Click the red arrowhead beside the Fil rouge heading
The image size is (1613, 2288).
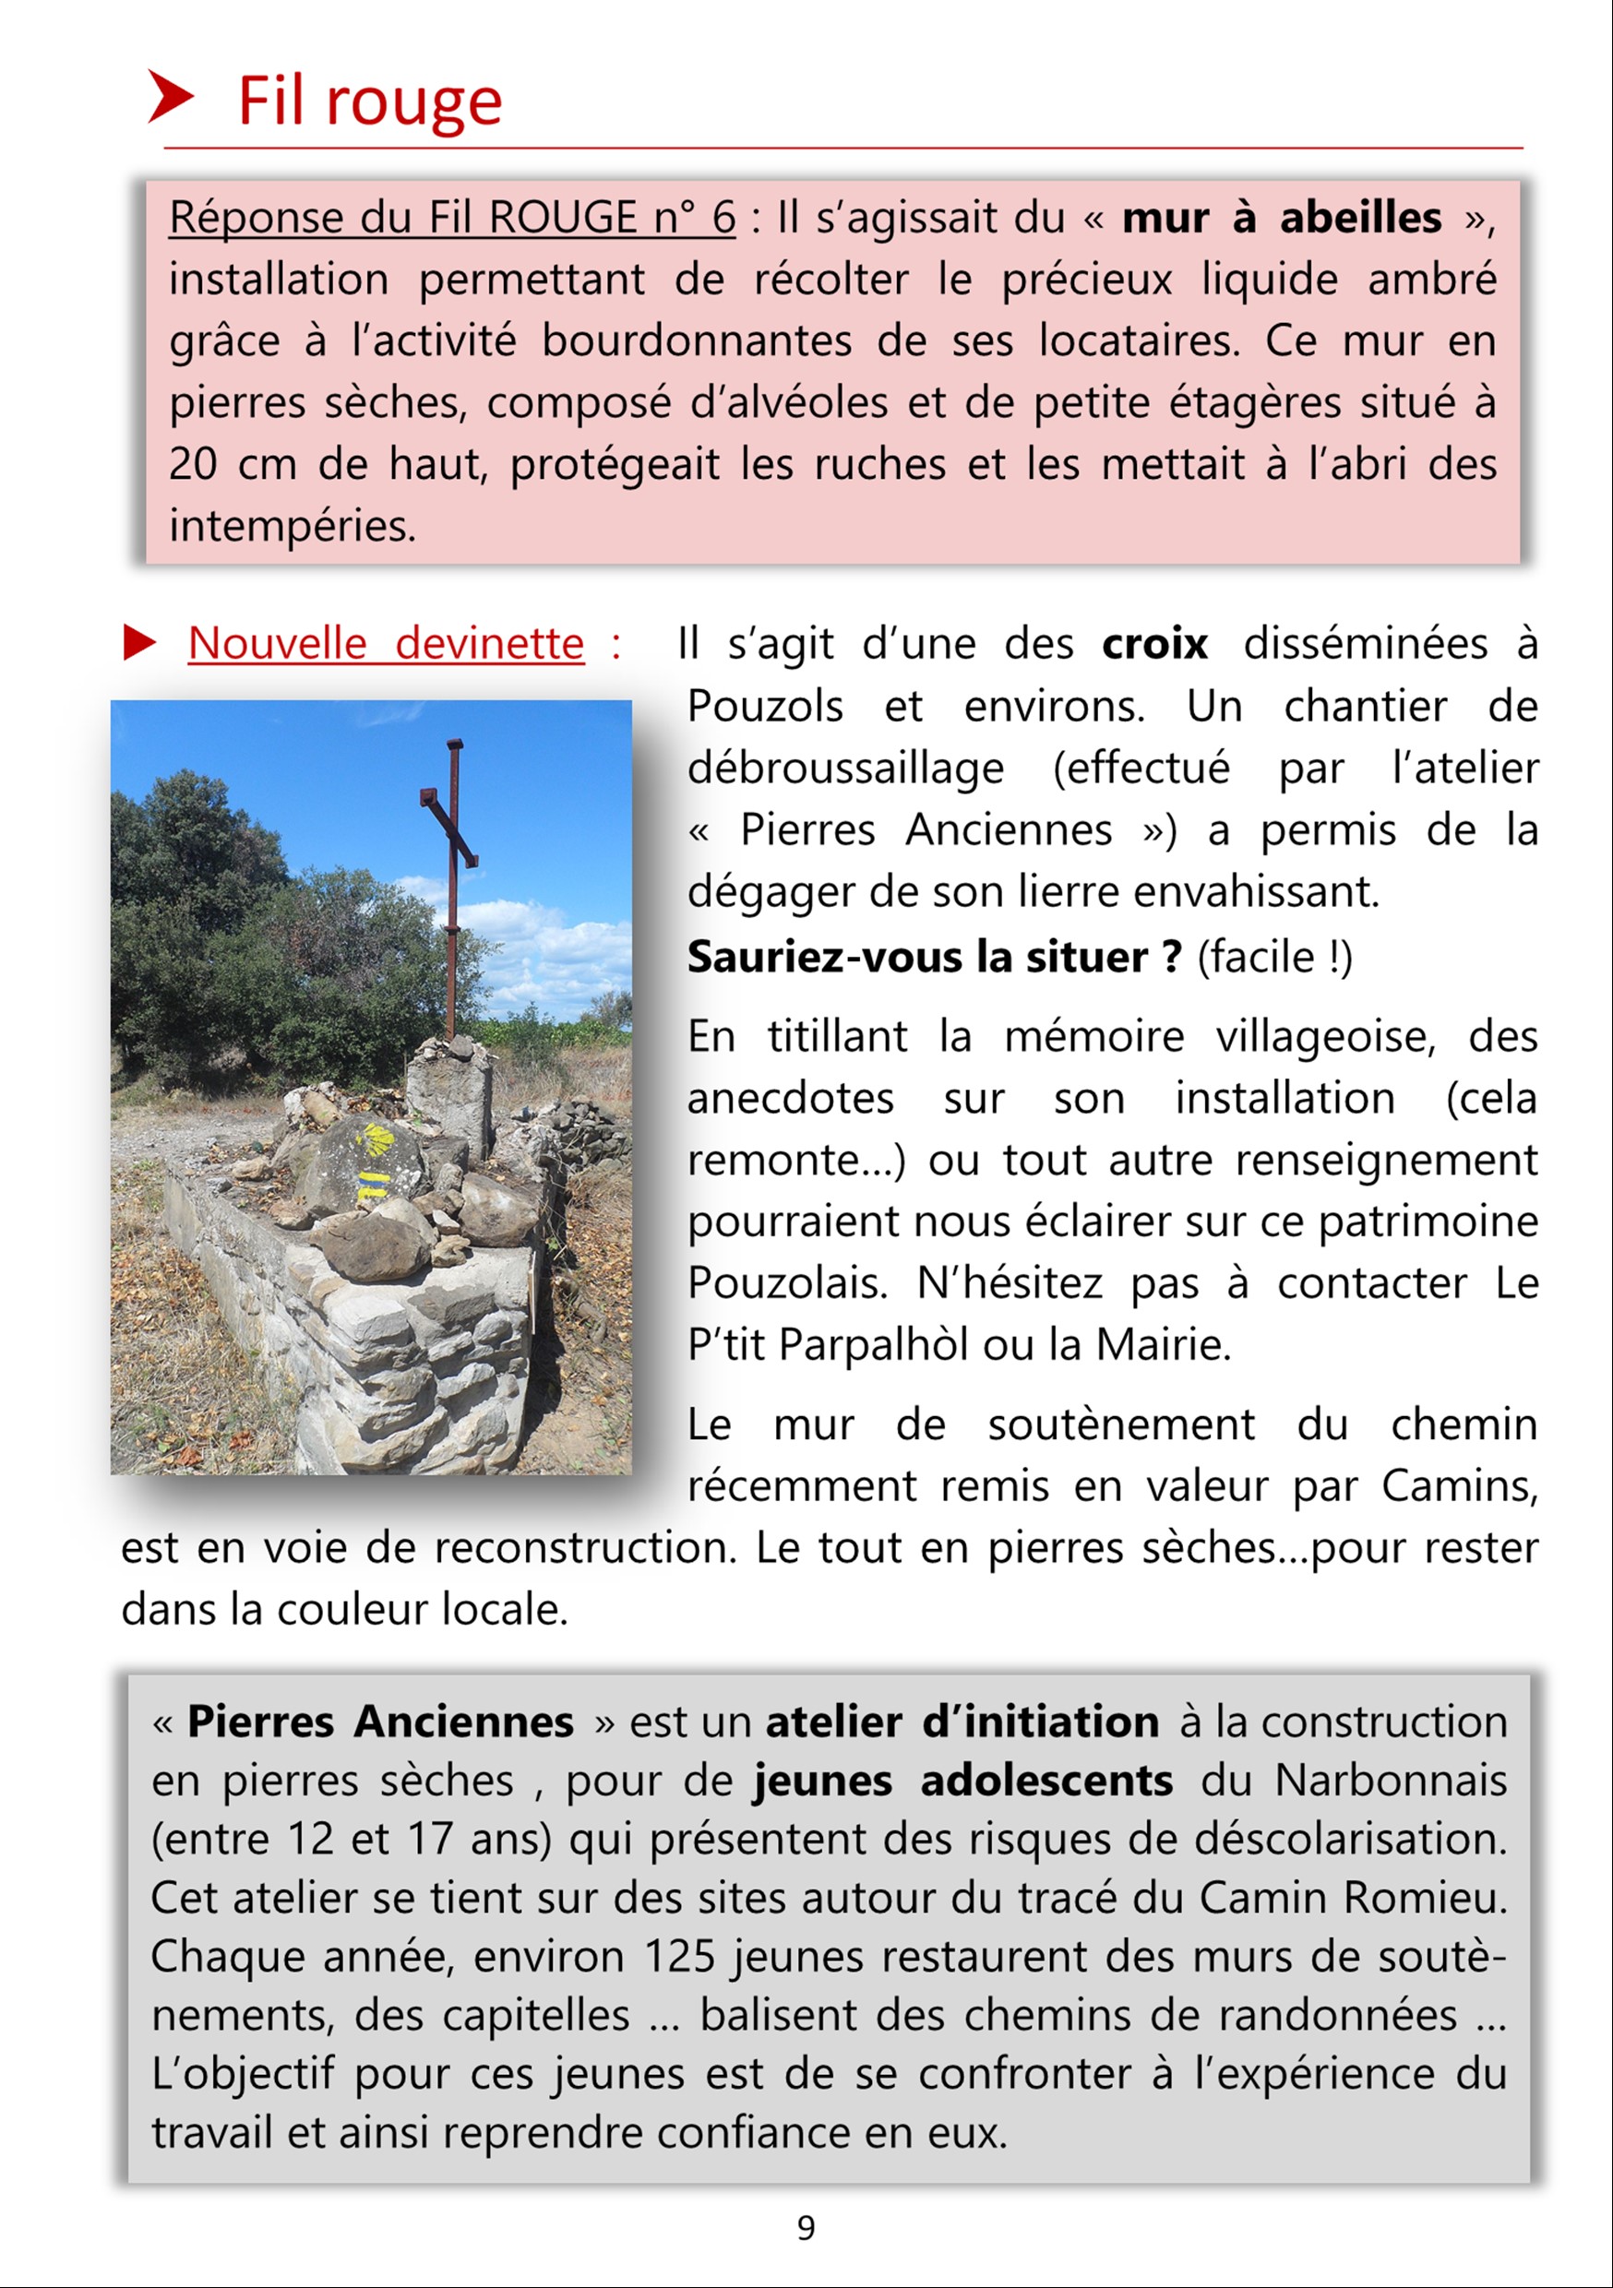click(170, 98)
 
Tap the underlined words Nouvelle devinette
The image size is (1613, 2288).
click(386, 644)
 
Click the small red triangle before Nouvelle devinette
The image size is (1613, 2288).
click(138, 643)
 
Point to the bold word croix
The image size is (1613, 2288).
click(1154, 644)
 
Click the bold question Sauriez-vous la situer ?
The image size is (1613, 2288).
click(934, 957)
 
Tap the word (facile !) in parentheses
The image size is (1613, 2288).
click(1274, 957)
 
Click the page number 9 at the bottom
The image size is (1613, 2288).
click(806, 2227)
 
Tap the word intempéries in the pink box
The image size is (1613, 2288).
click(293, 526)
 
